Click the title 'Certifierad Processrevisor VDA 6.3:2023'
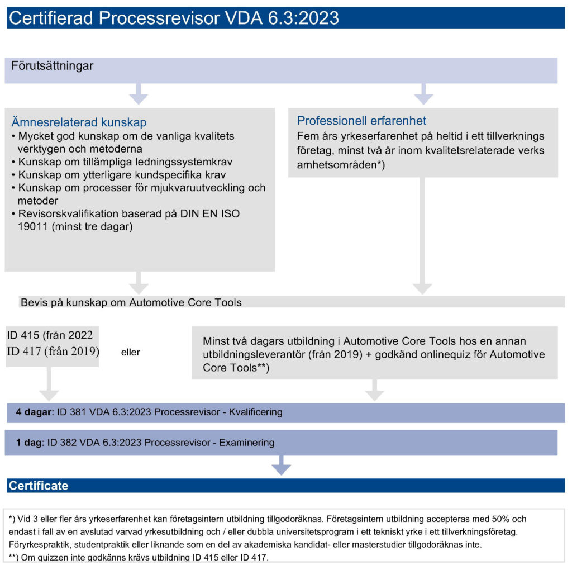(174, 18)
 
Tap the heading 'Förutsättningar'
(53, 67)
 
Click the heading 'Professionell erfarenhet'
(361, 121)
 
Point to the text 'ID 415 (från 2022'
(50, 335)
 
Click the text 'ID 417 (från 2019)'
(53, 351)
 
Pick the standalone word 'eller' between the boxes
(130, 353)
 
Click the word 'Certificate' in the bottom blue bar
(39, 485)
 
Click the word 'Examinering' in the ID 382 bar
(246, 443)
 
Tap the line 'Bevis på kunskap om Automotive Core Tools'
(131, 302)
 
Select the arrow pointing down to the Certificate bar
(281, 466)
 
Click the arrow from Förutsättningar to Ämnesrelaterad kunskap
(138, 94)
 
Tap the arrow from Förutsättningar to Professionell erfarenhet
(423, 94)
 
